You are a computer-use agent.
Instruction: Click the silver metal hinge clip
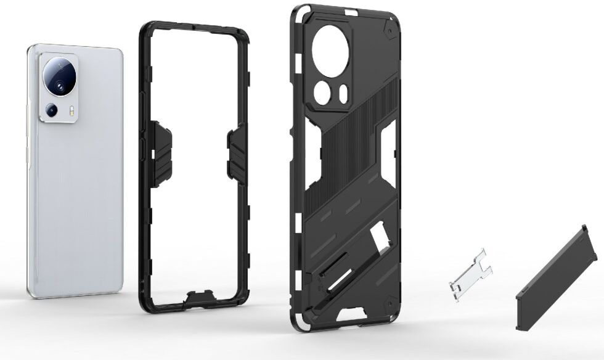471,272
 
